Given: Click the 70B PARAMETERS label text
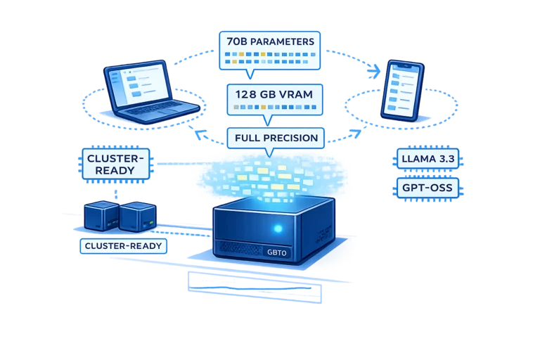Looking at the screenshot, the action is [270, 41].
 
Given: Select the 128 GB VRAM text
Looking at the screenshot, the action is [274, 94].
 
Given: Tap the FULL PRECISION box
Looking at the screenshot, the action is [276, 138].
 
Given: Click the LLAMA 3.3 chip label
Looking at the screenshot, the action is [427, 159].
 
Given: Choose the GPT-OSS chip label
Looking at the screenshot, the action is [427, 188].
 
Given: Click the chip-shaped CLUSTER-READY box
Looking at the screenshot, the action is [116, 165].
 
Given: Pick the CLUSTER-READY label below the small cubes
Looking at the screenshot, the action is [123, 246].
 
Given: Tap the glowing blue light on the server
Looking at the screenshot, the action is [278, 228].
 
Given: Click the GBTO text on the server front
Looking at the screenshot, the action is [277, 252].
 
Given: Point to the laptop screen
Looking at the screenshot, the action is [139, 84].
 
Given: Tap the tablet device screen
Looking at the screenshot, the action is [403, 90].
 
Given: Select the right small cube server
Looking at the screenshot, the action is [138, 217].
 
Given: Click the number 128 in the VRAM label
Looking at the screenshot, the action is [245, 94].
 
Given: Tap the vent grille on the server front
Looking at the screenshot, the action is [240, 247].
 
